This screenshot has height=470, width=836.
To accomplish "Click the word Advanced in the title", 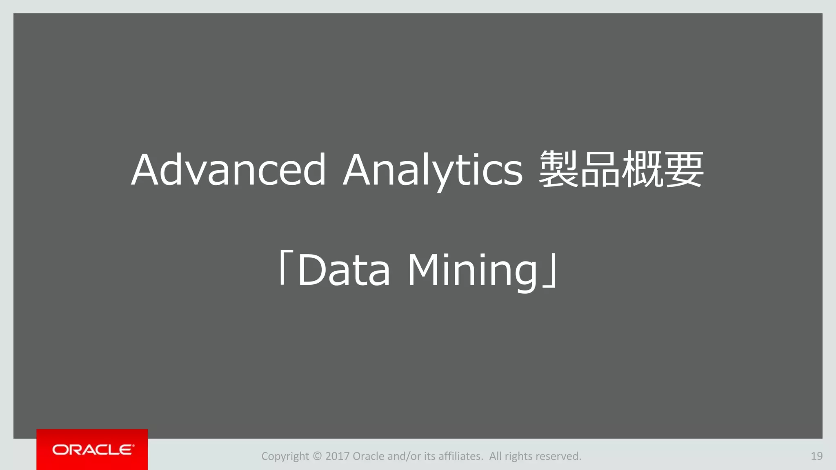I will (229, 170).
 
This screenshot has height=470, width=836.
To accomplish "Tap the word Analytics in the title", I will (433, 170).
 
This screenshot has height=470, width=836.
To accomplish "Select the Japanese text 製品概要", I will (621, 169).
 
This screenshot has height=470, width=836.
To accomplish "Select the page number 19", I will (816, 456).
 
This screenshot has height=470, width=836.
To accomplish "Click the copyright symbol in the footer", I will (317, 456).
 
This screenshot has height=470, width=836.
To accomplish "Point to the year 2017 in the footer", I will (337, 456).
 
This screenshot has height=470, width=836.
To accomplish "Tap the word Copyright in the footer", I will (285, 456).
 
